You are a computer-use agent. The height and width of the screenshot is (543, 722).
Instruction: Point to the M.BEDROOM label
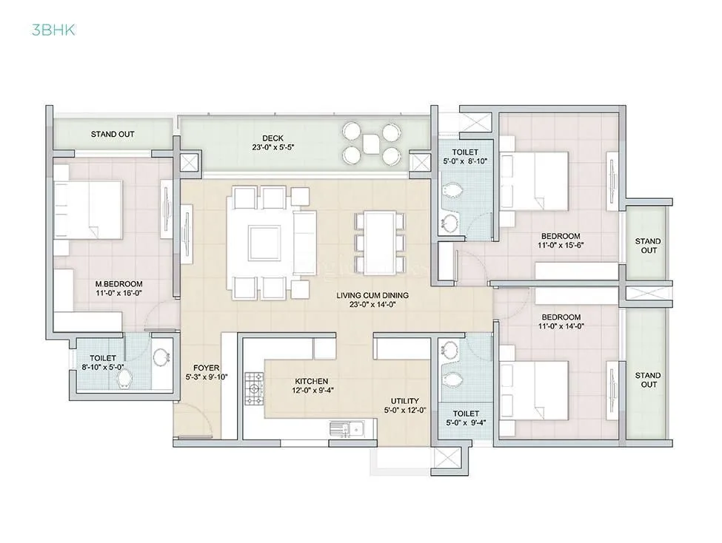point(118,284)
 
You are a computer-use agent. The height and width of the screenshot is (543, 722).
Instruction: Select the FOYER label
point(205,368)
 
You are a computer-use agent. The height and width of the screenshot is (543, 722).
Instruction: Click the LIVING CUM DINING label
point(372,296)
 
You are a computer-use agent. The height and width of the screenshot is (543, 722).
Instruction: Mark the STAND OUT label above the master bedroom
point(113,135)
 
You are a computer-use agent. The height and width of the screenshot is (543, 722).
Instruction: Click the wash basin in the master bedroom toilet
point(161,358)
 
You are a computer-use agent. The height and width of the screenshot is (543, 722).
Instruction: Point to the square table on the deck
point(370,144)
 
